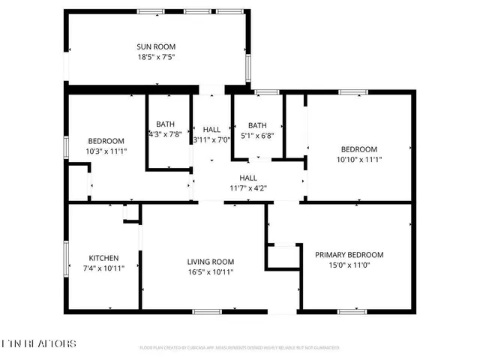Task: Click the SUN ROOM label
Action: click(x=156, y=46)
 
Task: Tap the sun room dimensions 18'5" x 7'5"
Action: click(x=156, y=57)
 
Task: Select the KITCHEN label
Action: click(x=103, y=256)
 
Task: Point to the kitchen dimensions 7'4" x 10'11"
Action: click(x=103, y=267)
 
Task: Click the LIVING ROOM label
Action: click(x=211, y=262)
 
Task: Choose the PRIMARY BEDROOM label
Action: click(x=349, y=255)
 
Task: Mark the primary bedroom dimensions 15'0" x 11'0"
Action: click(x=349, y=265)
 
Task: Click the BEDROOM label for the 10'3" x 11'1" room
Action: click(x=106, y=141)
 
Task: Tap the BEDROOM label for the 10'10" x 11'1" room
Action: click(x=359, y=149)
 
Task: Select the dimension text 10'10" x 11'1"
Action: click(x=359, y=159)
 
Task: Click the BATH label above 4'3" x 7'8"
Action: click(x=165, y=124)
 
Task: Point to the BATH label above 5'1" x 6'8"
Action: click(x=257, y=125)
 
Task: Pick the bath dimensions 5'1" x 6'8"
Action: click(x=257, y=136)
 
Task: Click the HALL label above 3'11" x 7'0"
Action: click(x=211, y=130)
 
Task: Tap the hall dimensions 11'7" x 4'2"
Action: click(x=247, y=188)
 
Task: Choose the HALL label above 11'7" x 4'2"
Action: click(x=247, y=178)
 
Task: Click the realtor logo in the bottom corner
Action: click(x=39, y=343)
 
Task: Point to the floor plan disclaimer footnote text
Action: click(x=239, y=348)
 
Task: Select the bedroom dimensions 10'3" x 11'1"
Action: click(x=106, y=151)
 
